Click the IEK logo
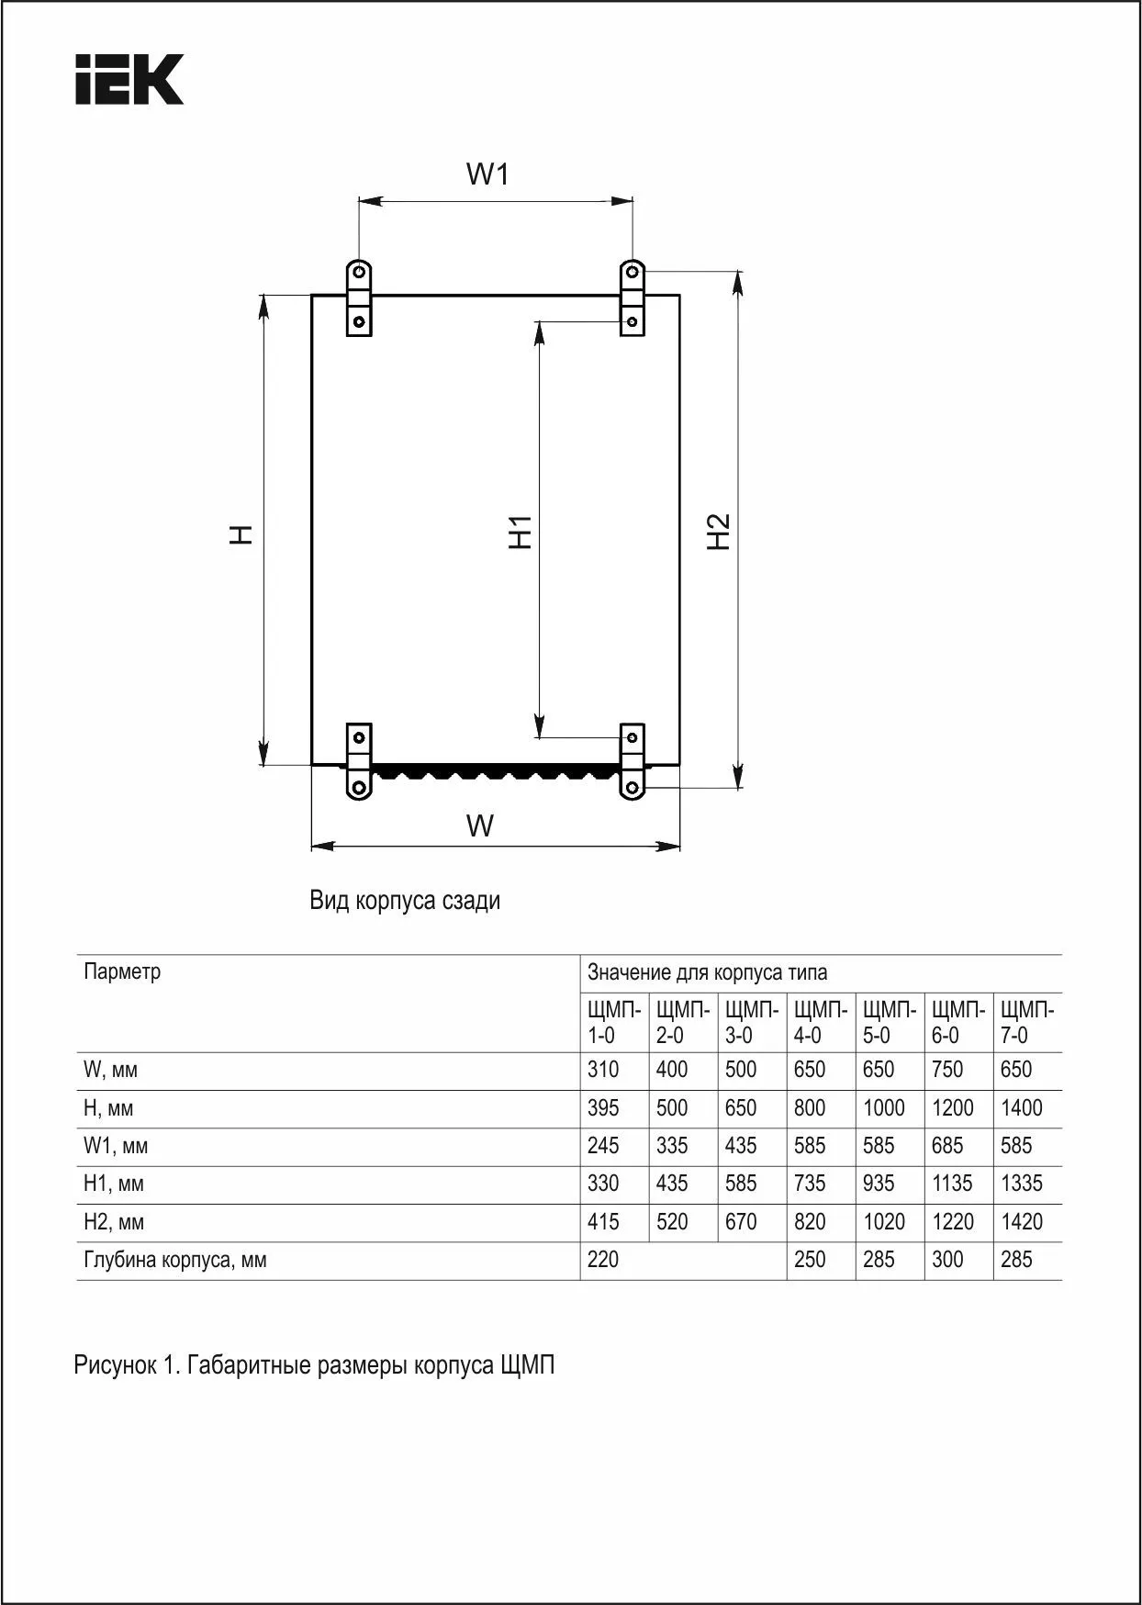[129, 79]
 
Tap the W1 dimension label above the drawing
[487, 174]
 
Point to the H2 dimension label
[719, 532]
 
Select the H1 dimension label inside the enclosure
[521, 532]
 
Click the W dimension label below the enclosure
[480, 825]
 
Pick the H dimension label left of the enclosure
[241, 534]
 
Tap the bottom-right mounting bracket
[633, 762]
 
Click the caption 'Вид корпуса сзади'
[405, 900]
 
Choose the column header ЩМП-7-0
[1026, 1022]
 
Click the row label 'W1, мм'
[116, 1146]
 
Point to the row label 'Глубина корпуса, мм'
[175, 1260]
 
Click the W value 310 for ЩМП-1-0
[603, 1070]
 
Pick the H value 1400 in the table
[1021, 1108]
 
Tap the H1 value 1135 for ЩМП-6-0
[951, 1184]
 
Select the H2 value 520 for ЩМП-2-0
[672, 1222]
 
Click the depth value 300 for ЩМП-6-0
[947, 1260]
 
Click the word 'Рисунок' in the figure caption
[115, 1365]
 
